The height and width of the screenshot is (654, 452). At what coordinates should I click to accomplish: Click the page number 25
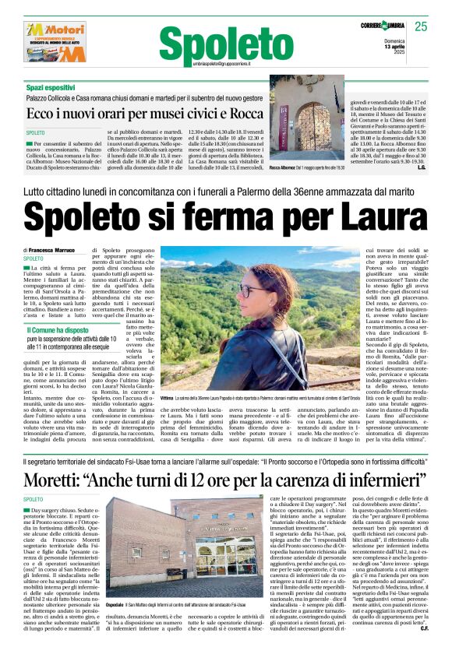click(421, 26)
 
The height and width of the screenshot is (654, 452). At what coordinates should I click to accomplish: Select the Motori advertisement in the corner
click(55, 42)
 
